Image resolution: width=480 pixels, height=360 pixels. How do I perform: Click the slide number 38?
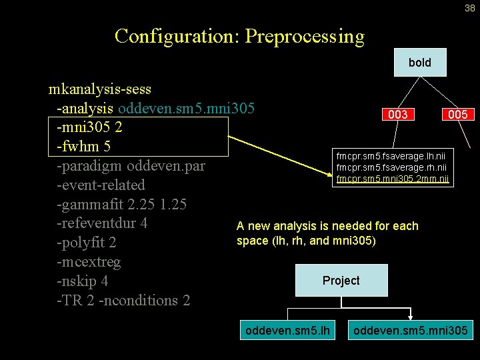[469, 9]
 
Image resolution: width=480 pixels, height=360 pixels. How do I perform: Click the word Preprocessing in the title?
[305, 35]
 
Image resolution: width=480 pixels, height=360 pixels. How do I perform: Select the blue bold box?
[419, 63]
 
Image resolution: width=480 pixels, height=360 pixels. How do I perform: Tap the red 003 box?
[398, 115]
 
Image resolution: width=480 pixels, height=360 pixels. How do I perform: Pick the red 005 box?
[458, 115]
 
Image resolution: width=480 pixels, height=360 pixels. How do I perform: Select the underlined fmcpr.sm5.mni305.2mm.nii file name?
[393, 179]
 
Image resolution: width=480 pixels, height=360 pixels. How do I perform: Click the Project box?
[341, 281]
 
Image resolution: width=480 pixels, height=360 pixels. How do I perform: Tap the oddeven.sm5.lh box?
[287, 329]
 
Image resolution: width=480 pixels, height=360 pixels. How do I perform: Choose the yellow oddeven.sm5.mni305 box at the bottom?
[411, 329]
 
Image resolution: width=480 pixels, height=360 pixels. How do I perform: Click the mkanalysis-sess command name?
[100, 89]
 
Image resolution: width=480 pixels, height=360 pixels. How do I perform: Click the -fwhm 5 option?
[83, 146]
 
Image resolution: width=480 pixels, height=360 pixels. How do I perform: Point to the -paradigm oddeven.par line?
[131, 165]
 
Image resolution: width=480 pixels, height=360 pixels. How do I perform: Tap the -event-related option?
[101, 185]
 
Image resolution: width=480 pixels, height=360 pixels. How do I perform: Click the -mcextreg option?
[89, 262]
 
